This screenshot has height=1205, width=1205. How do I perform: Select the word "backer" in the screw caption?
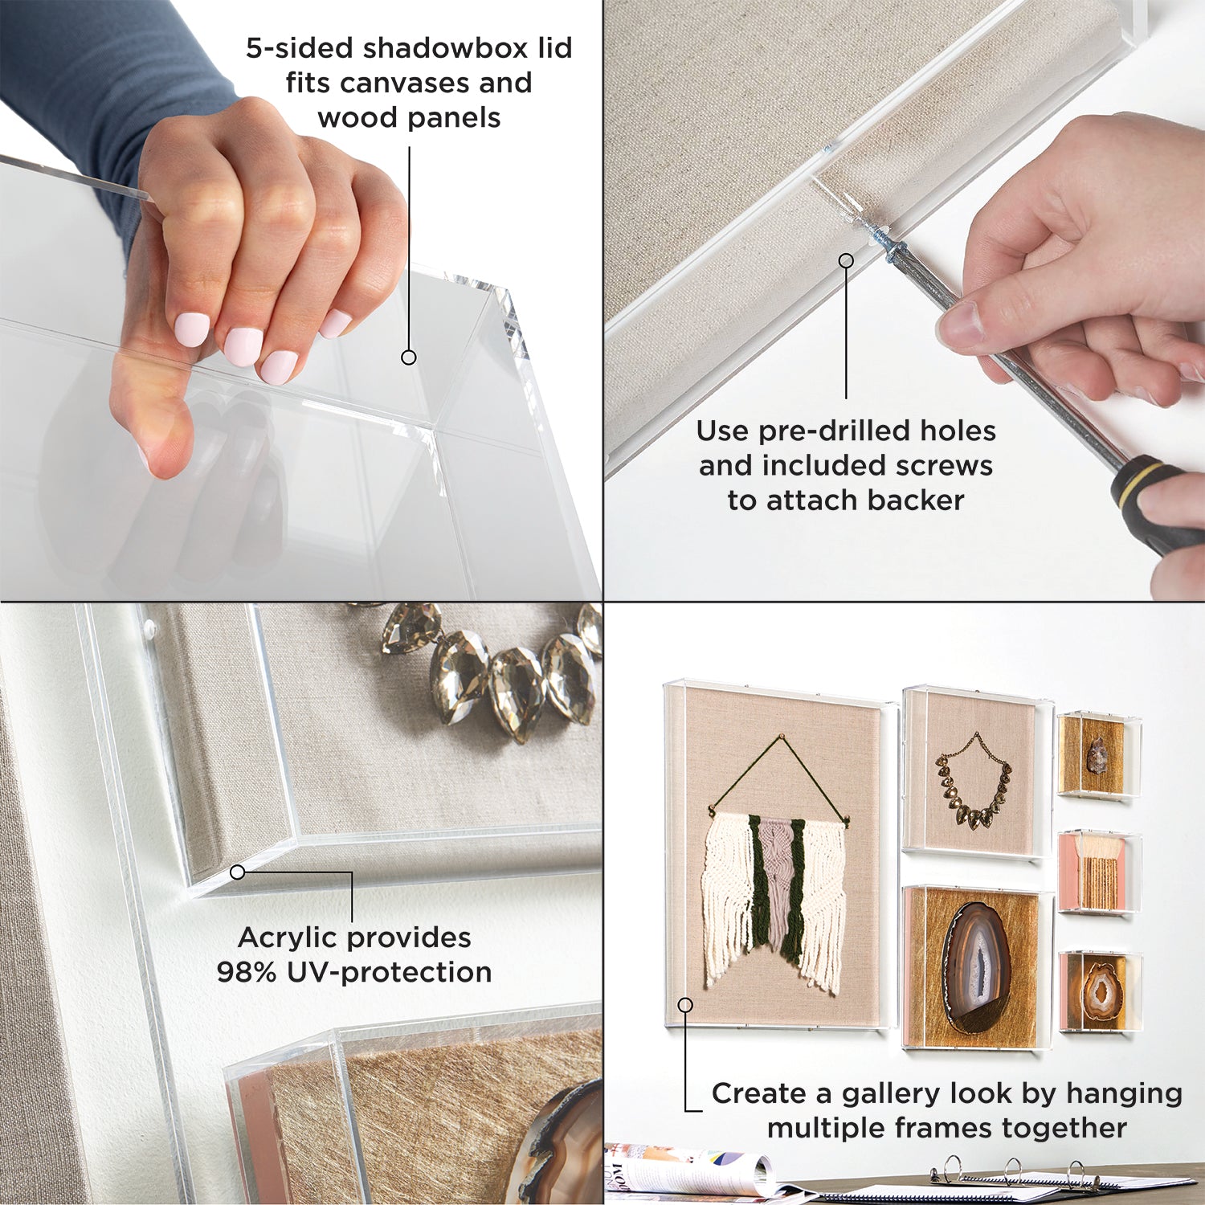point(916,500)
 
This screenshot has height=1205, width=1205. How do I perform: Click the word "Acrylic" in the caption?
point(287,938)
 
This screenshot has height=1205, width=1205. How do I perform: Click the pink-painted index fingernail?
point(192,329)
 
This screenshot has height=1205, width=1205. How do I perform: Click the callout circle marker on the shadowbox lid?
point(409,357)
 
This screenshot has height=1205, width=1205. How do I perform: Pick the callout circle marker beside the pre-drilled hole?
point(846,260)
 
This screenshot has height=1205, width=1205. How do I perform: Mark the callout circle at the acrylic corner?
point(237,872)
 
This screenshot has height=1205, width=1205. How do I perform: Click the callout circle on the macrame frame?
point(685,1005)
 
